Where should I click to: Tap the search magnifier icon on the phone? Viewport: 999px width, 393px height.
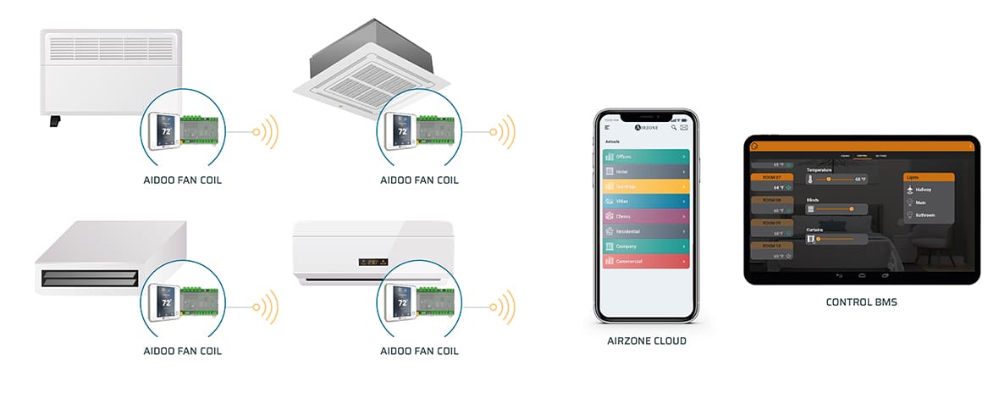tap(674, 128)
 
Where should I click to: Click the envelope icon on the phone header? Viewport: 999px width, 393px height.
tap(684, 128)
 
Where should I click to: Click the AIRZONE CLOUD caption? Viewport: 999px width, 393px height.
tap(646, 341)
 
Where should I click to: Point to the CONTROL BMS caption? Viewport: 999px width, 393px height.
tap(860, 302)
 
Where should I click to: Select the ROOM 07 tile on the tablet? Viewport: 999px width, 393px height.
tap(770, 178)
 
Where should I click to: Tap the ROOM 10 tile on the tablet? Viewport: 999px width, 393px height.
tap(770, 246)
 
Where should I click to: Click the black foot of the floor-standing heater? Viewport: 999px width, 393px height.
tap(55, 122)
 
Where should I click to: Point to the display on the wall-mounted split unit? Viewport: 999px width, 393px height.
tap(373, 263)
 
